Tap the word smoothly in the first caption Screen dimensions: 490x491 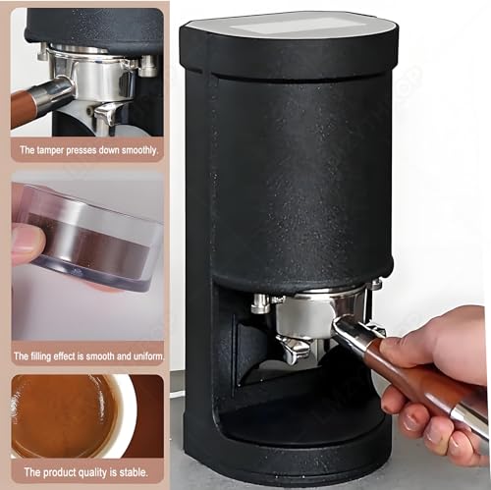pos(134,151)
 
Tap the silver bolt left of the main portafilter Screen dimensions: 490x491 pos(260,303)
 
